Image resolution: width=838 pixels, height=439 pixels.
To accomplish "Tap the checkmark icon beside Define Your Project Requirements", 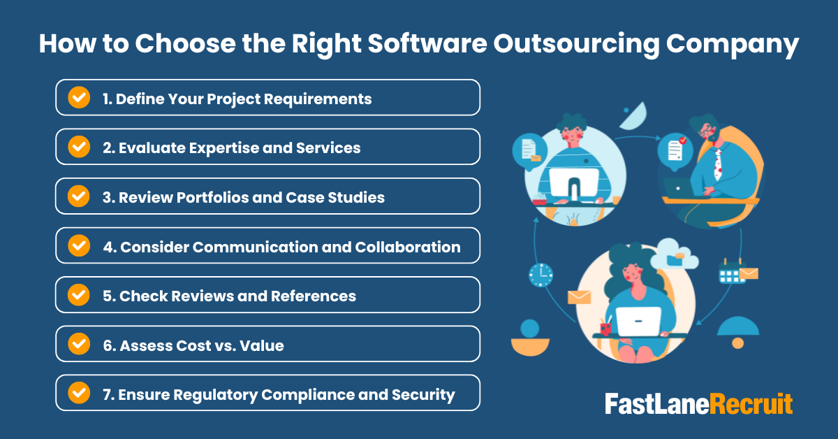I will [x=79, y=97].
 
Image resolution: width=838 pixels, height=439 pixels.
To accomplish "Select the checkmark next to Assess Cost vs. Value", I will [x=79, y=344].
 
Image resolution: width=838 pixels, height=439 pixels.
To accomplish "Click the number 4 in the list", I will [x=108, y=247].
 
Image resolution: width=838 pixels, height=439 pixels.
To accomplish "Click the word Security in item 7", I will [x=424, y=395].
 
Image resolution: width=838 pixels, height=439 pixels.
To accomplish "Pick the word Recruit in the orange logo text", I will [x=751, y=404].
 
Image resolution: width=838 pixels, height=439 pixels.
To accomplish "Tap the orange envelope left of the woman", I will [x=579, y=297].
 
